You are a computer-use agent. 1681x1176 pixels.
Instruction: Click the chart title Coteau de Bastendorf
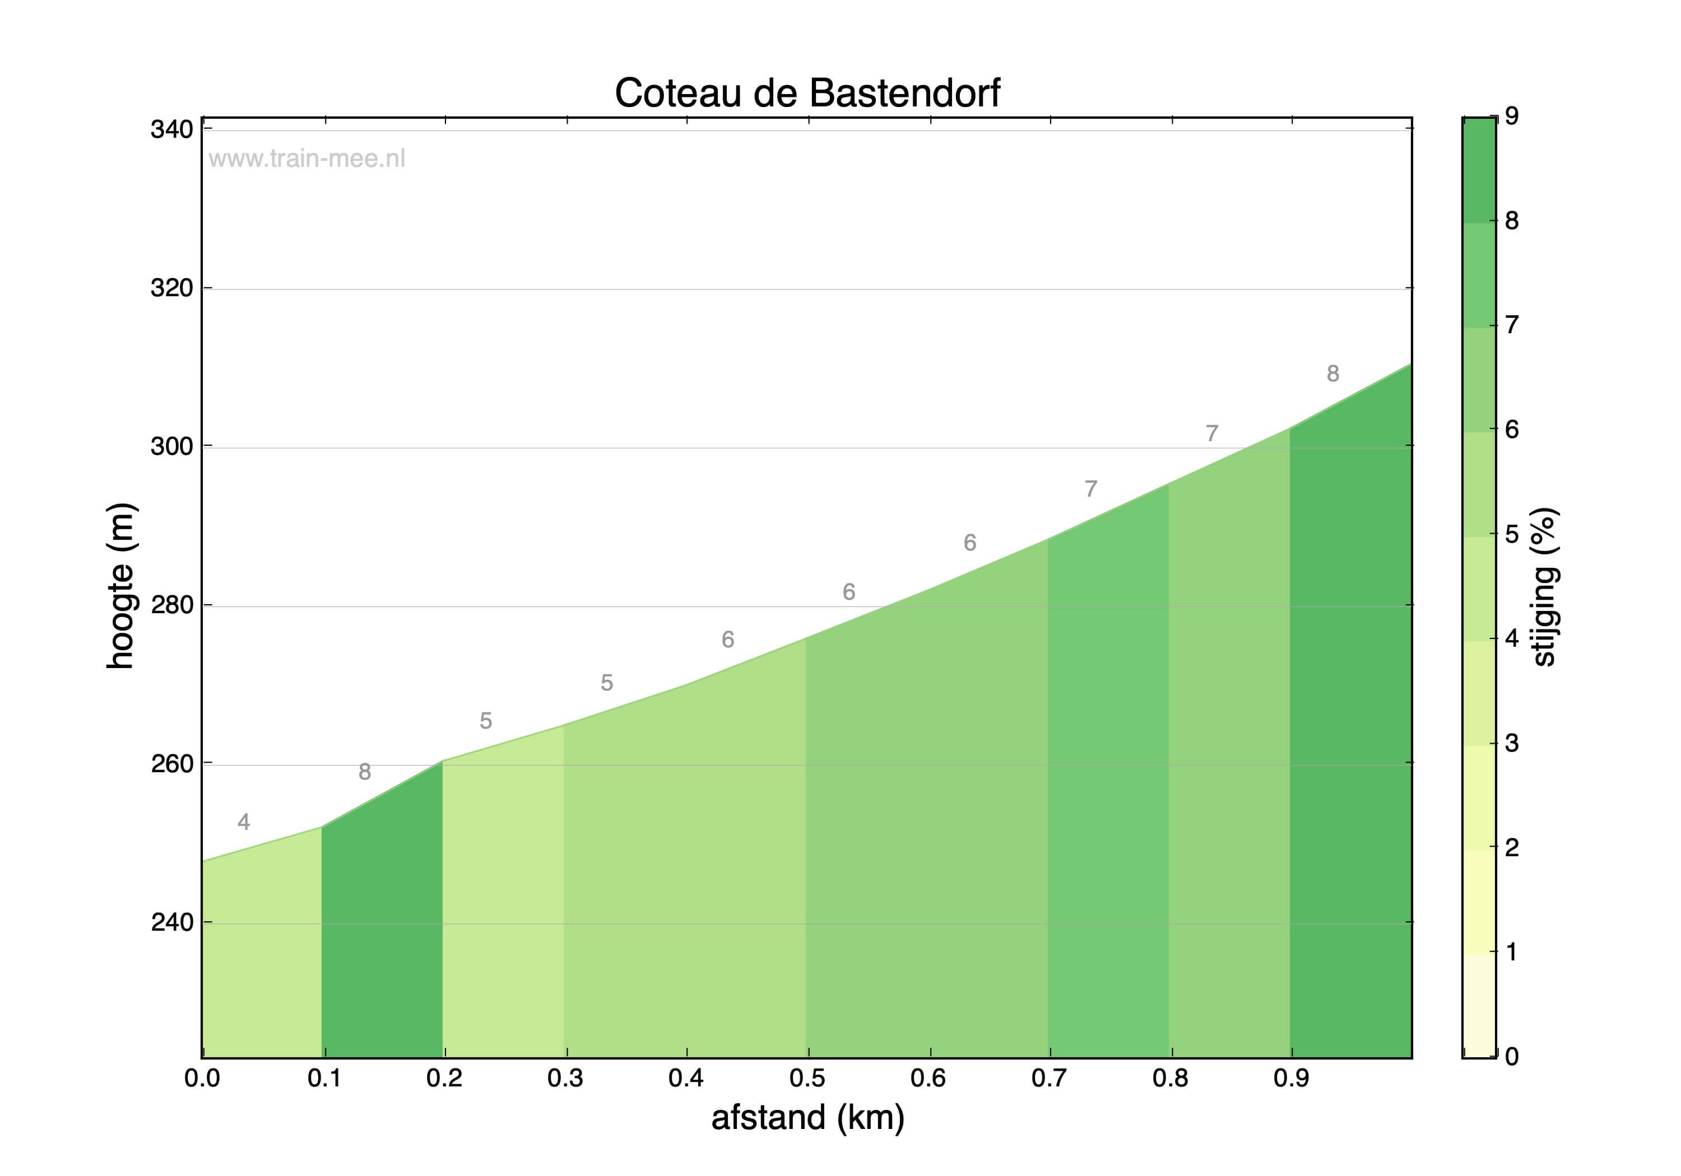(807, 93)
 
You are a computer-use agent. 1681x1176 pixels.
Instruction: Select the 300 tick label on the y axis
(171, 446)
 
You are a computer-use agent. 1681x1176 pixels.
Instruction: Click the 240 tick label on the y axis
(171, 922)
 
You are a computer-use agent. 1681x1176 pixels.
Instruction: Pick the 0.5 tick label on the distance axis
(807, 1078)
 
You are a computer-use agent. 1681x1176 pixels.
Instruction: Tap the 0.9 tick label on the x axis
(1291, 1078)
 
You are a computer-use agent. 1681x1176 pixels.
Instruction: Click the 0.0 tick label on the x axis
(202, 1078)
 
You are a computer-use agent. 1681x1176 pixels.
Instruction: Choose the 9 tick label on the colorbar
(1512, 115)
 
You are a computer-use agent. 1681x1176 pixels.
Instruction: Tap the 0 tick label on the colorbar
(1512, 1056)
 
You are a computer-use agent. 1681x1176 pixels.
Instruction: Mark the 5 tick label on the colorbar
(1512, 534)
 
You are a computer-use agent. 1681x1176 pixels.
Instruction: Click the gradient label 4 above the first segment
(244, 822)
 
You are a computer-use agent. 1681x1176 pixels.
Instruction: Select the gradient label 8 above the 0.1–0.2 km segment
(365, 771)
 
